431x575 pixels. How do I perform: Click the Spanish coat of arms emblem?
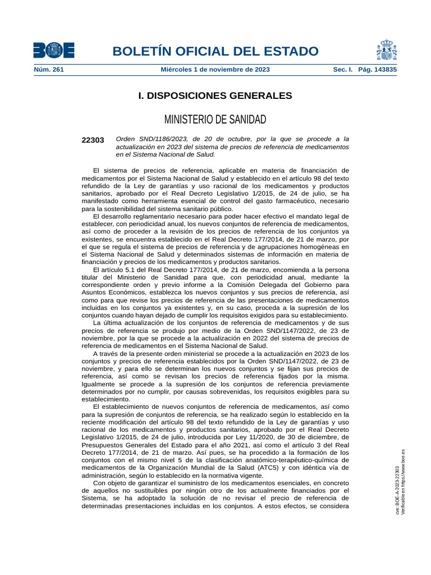387,50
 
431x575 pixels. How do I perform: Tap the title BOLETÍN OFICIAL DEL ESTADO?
215,52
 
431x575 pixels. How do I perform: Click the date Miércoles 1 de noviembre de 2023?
215,70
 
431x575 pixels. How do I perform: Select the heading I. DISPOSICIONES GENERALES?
215,96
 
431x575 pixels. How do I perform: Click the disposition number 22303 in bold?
93,140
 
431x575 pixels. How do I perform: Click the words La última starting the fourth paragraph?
107,323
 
